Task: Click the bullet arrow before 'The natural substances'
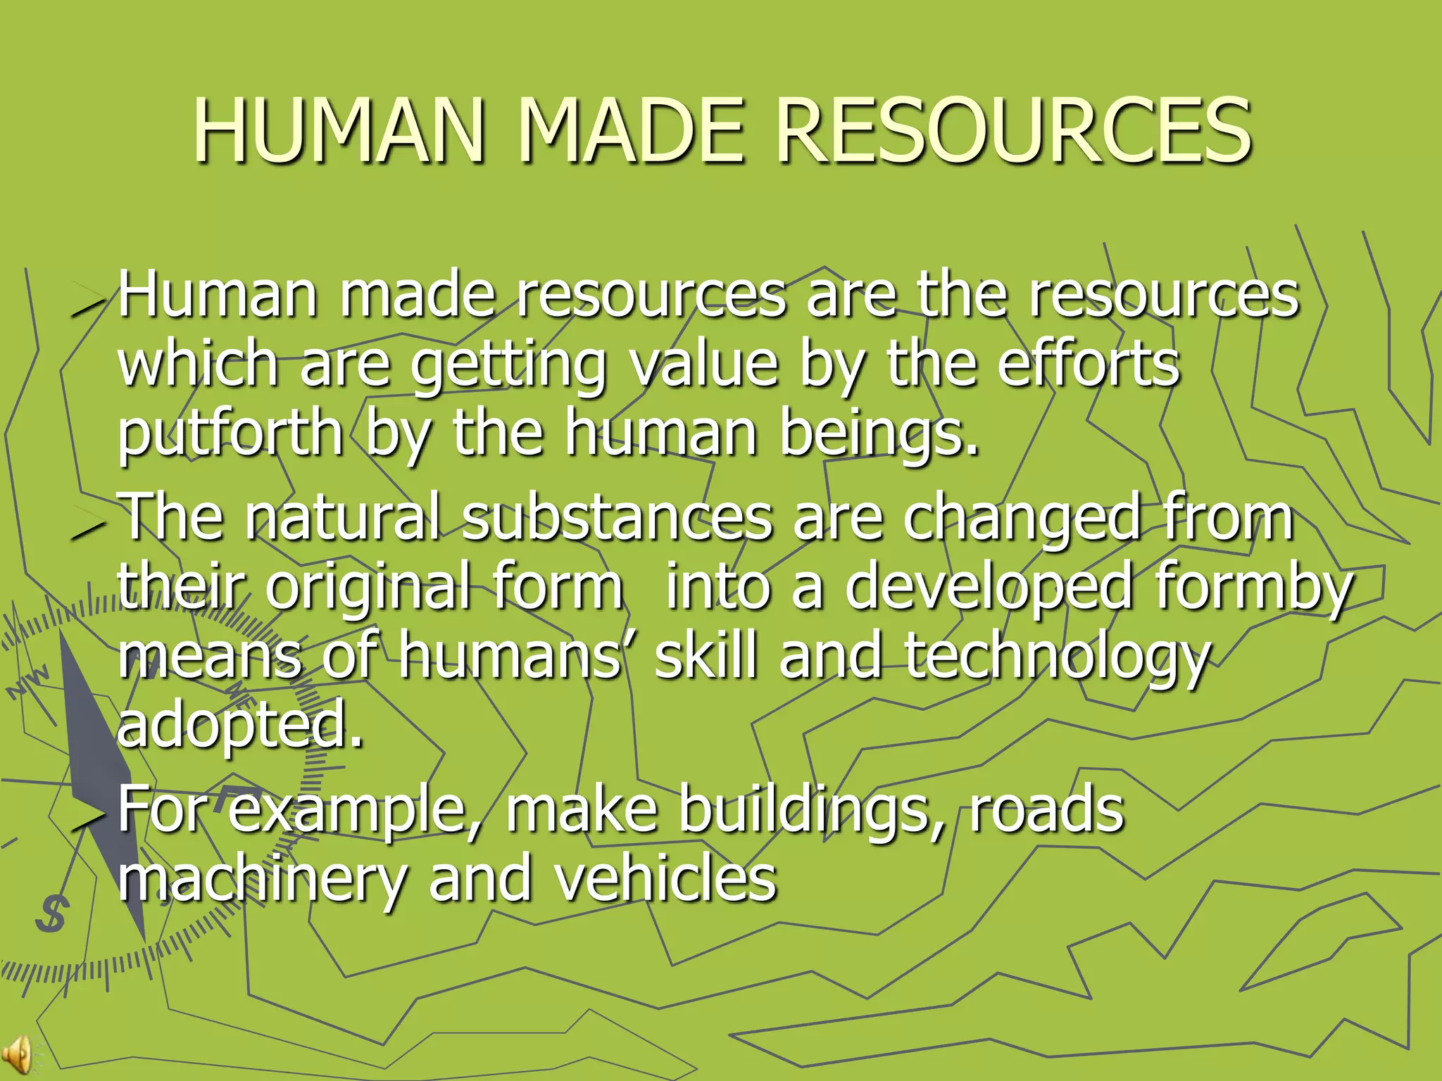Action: [x=87, y=526]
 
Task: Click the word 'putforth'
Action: [x=230, y=434]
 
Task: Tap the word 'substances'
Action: [x=617, y=517]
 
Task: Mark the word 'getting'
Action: [x=508, y=366]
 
